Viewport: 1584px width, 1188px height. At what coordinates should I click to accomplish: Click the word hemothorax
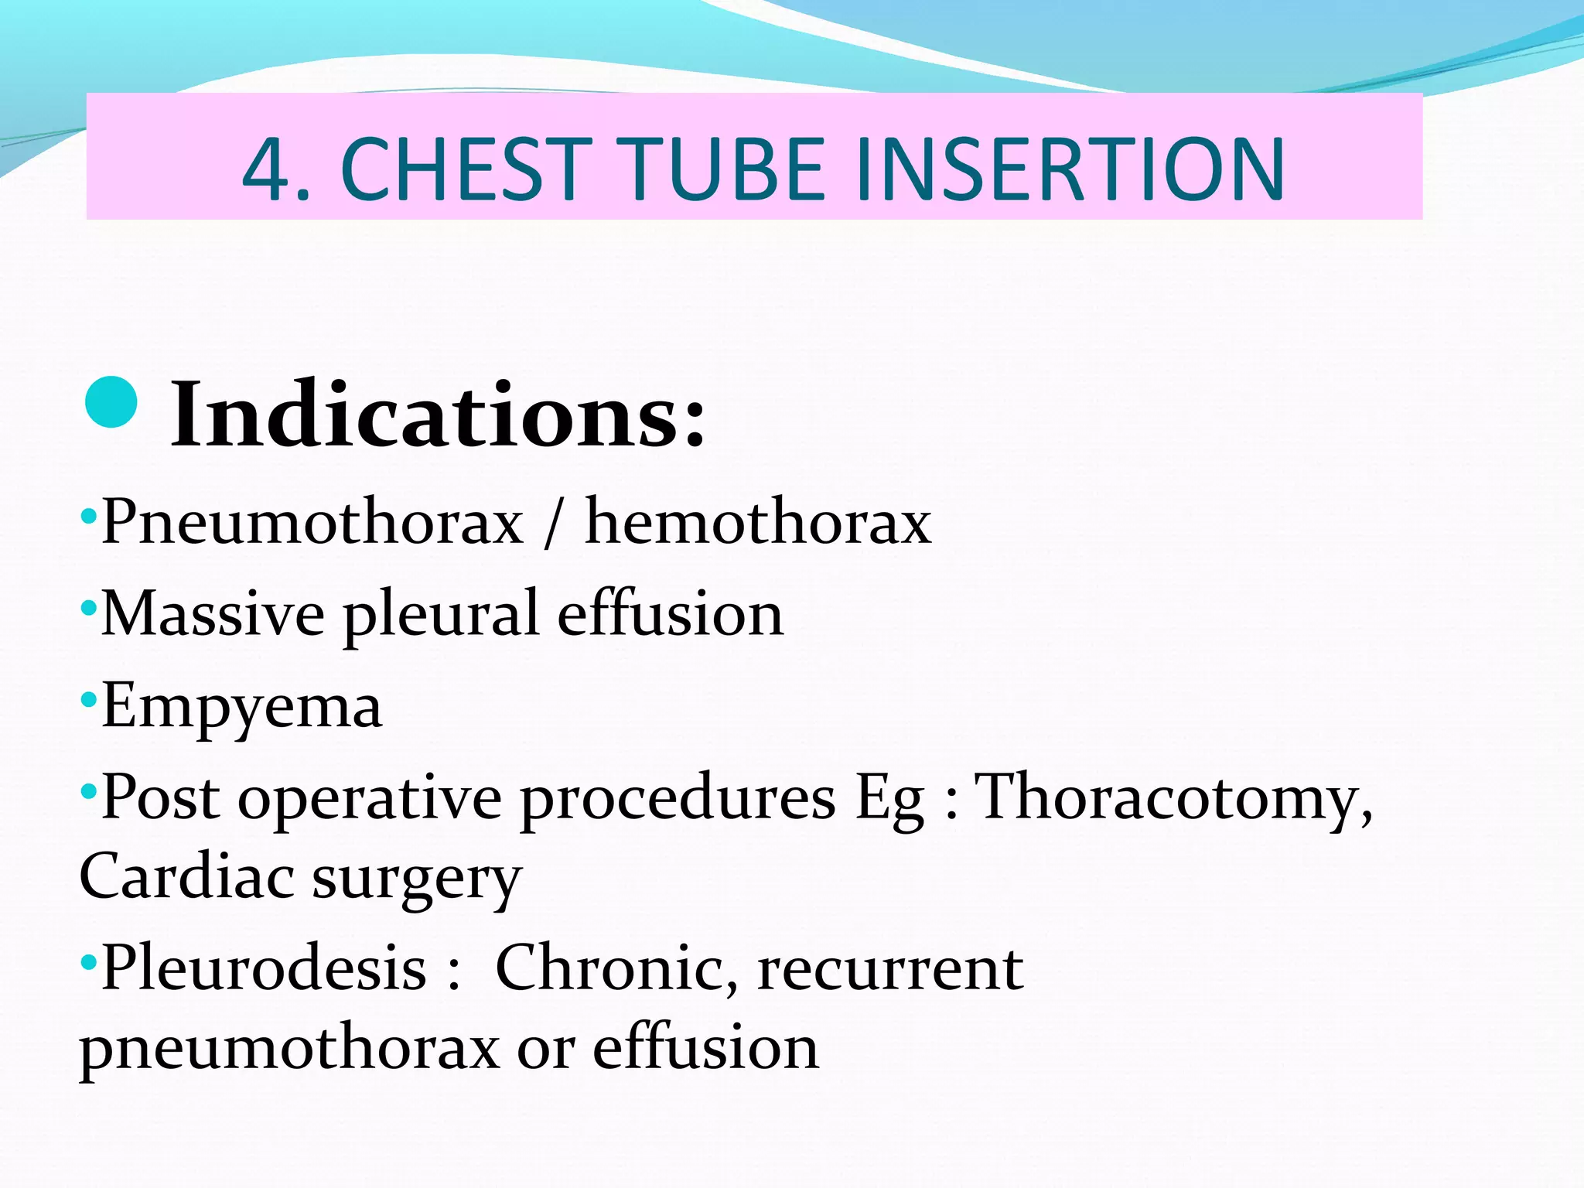758,523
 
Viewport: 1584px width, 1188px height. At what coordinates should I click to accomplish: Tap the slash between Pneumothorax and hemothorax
551,524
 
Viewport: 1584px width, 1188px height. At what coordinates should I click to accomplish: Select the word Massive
213,614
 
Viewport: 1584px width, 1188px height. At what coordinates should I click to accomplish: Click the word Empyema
241,707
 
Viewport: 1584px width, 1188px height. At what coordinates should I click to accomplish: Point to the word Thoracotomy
1173,798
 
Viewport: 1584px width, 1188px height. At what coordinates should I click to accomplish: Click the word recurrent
890,969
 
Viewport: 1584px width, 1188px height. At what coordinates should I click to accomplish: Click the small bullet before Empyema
88,701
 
